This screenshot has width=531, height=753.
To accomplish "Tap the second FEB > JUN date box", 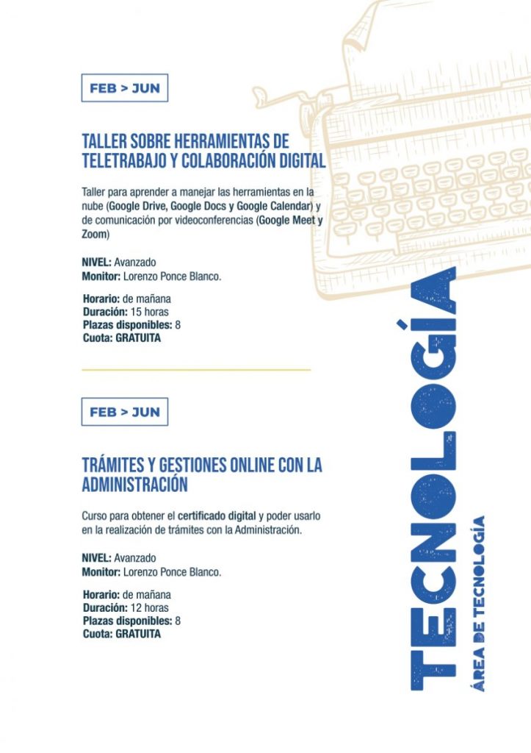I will click(x=124, y=412).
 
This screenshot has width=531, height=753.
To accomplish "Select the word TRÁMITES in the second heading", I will click(x=112, y=465).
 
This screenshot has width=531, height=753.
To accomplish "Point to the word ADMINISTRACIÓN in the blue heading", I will click(x=134, y=485).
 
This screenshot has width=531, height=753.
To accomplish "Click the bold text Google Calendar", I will click(x=275, y=204).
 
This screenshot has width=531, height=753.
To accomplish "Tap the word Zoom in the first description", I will click(x=95, y=234).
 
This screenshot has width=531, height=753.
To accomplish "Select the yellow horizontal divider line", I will click(x=196, y=369).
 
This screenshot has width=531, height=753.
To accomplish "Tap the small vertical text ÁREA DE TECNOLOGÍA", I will click(x=477, y=603).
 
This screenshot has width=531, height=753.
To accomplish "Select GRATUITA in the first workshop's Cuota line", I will click(x=138, y=338).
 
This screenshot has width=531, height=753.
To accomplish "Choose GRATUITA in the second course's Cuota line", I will click(x=138, y=634).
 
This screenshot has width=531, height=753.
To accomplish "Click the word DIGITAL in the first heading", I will click(x=298, y=160).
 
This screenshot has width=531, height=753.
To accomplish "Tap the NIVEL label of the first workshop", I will click(x=96, y=262).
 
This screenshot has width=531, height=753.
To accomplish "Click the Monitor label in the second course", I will click(x=101, y=571).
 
